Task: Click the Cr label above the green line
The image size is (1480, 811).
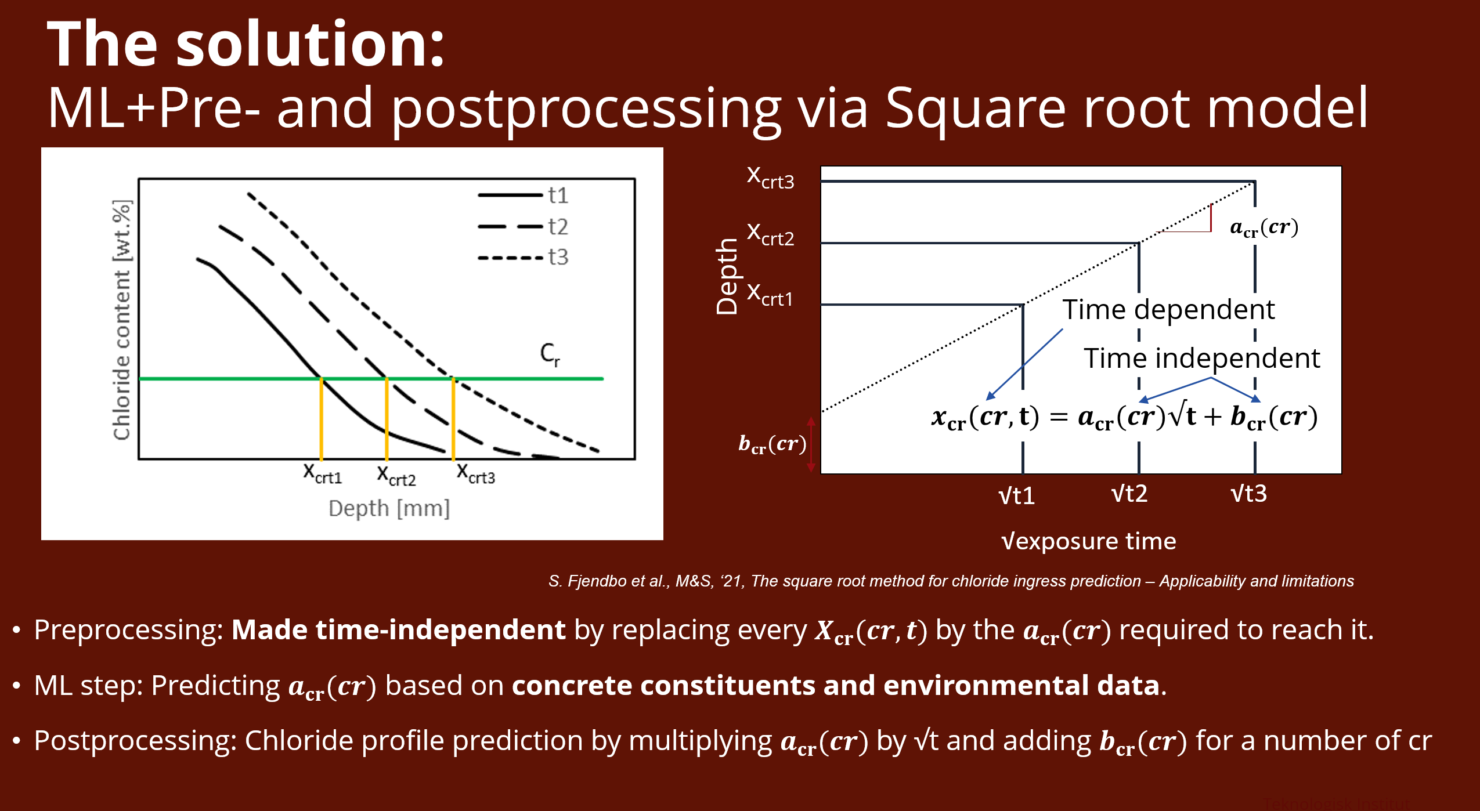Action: click(550, 354)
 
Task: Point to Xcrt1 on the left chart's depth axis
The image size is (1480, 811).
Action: click(322, 473)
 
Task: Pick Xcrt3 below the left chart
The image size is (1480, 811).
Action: click(475, 473)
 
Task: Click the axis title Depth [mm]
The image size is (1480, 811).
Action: click(389, 509)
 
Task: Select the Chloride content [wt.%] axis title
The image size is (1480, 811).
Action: click(122, 320)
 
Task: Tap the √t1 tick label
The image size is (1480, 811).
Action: click(1016, 496)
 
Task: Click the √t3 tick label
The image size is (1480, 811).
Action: click(1248, 494)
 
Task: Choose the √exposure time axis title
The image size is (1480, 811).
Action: click(1089, 541)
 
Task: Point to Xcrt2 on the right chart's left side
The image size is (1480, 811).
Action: click(770, 235)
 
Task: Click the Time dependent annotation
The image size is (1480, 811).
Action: click(1168, 309)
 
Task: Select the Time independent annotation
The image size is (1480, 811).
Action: click(1201, 358)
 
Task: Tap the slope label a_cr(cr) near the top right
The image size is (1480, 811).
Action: click(1264, 227)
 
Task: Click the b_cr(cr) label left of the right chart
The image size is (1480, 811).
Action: click(772, 444)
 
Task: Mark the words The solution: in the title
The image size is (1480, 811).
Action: click(246, 44)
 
